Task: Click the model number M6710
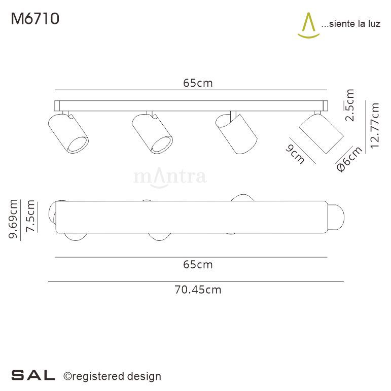pos(35,19)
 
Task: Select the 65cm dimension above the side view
pos(198,84)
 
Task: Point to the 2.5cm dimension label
pos(349,105)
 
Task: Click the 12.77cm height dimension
pos(375,125)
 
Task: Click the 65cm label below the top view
pos(198,264)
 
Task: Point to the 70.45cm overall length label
pos(198,290)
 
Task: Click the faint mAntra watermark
pos(169,177)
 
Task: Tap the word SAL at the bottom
pos(33,376)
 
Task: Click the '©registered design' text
pos(112,376)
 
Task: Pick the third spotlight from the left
pos(236,133)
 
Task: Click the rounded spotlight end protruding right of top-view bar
pos(337,218)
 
